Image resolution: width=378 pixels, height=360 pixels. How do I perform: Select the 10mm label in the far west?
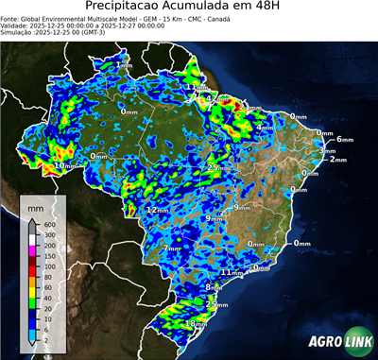click(x=62, y=165)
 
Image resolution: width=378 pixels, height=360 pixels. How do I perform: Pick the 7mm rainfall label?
click(x=171, y=248)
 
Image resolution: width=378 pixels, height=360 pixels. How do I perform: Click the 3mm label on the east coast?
click(x=327, y=151)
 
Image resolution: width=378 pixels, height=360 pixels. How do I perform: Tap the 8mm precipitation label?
click(x=215, y=286)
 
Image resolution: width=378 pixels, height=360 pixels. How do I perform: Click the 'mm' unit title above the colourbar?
click(x=35, y=206)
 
